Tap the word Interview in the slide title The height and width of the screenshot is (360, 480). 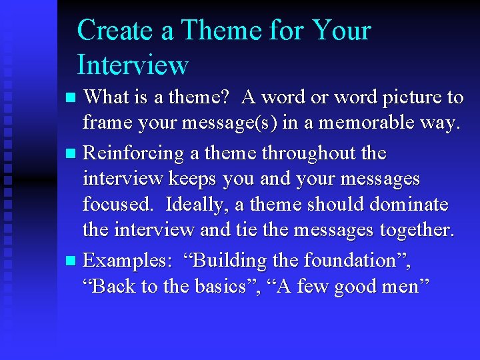point(133,65)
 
